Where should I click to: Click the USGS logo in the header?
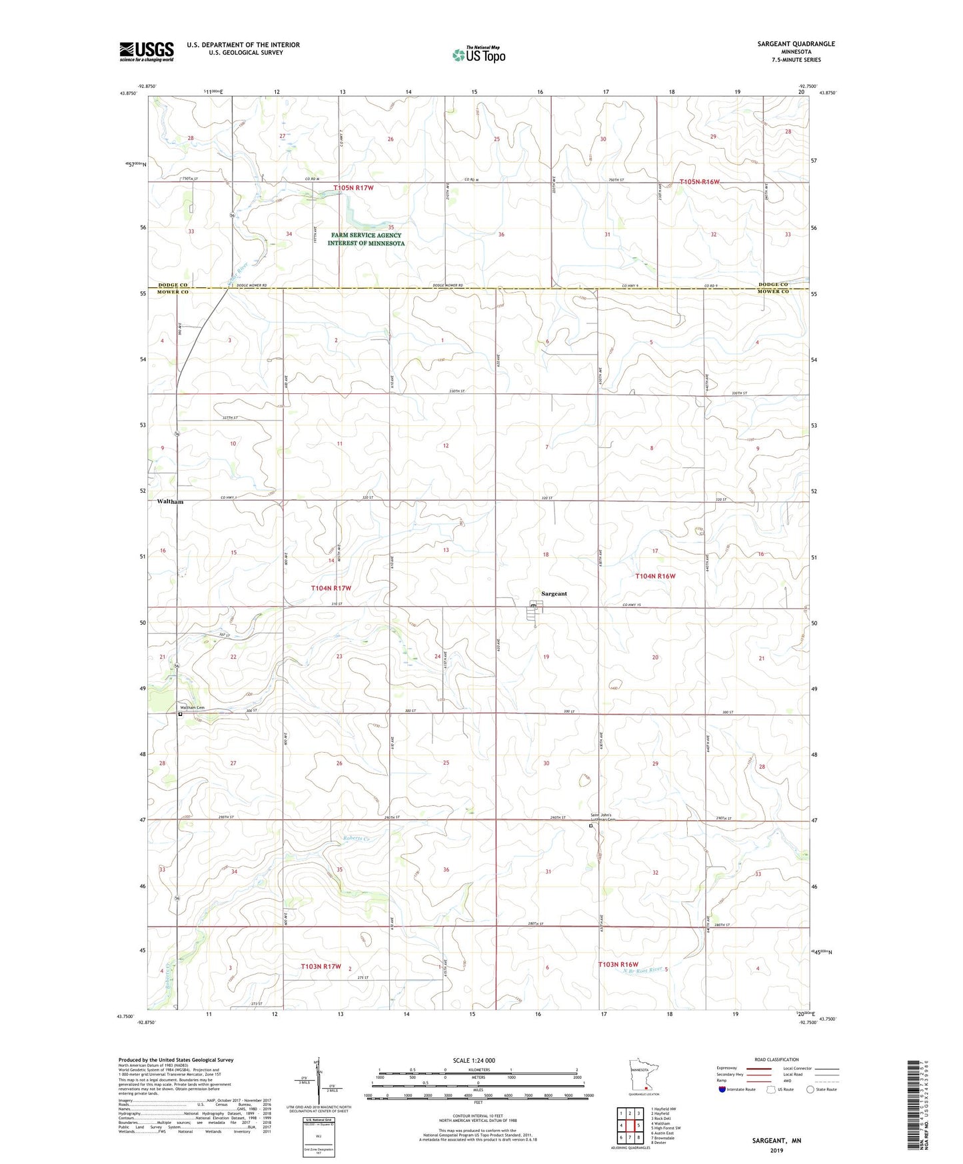(x=147, y=51)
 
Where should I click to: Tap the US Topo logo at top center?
(x=479, y=55)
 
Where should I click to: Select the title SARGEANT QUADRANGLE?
(x=796, y=44)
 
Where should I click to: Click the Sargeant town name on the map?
(x=554, y=593)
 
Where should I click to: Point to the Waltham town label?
(x=170, y=501)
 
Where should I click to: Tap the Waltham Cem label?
(x=192, y=707)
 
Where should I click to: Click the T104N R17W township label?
(x=331, y=588)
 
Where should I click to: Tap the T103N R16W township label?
(x=618, y=965)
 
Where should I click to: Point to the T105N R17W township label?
(x=353, y=188)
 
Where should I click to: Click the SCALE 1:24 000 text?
(x=474, y=1060)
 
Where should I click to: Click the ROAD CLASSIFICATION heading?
(x=776, y=1059)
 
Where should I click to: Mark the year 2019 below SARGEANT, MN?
(x=776, y=1150)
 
